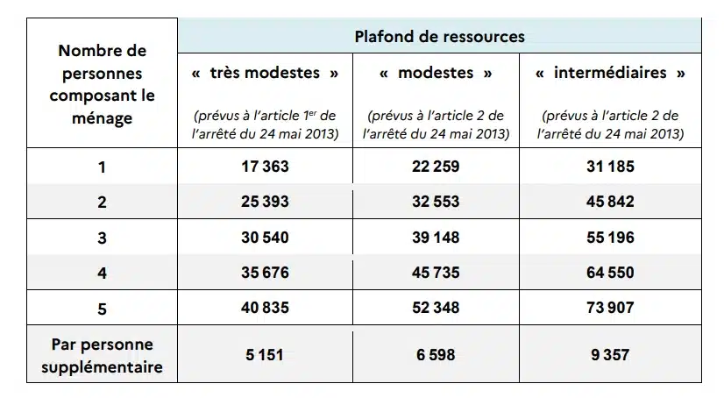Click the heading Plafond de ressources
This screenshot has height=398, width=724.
coord(440,36)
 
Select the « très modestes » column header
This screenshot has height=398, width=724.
coord(265,74)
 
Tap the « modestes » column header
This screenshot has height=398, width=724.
coord(436,74)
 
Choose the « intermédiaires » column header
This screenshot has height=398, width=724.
coord(610,74)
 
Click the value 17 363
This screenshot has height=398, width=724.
coord(265,166)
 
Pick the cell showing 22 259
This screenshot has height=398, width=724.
coord(436,166)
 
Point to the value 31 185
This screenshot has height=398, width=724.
coord(610,166)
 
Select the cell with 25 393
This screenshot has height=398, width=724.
coord(265,202)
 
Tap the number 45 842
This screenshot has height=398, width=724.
coord(610,202)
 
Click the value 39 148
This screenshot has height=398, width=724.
coord(436,238)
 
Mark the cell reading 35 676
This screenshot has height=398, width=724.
coord(265,273)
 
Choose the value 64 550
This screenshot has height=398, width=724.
coord(610,273)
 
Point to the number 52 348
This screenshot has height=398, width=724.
coord(436,309)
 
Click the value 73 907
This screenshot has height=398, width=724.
coord(610,309)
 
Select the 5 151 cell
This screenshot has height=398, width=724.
coord(265,355)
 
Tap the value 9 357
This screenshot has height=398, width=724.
coord(610,355)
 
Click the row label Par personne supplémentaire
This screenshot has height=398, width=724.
coord(103,356)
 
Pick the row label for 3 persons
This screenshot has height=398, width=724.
coord(103,238)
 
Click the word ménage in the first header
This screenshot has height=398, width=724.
coord(103,117)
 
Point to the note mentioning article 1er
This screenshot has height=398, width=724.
coord(265,124)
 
